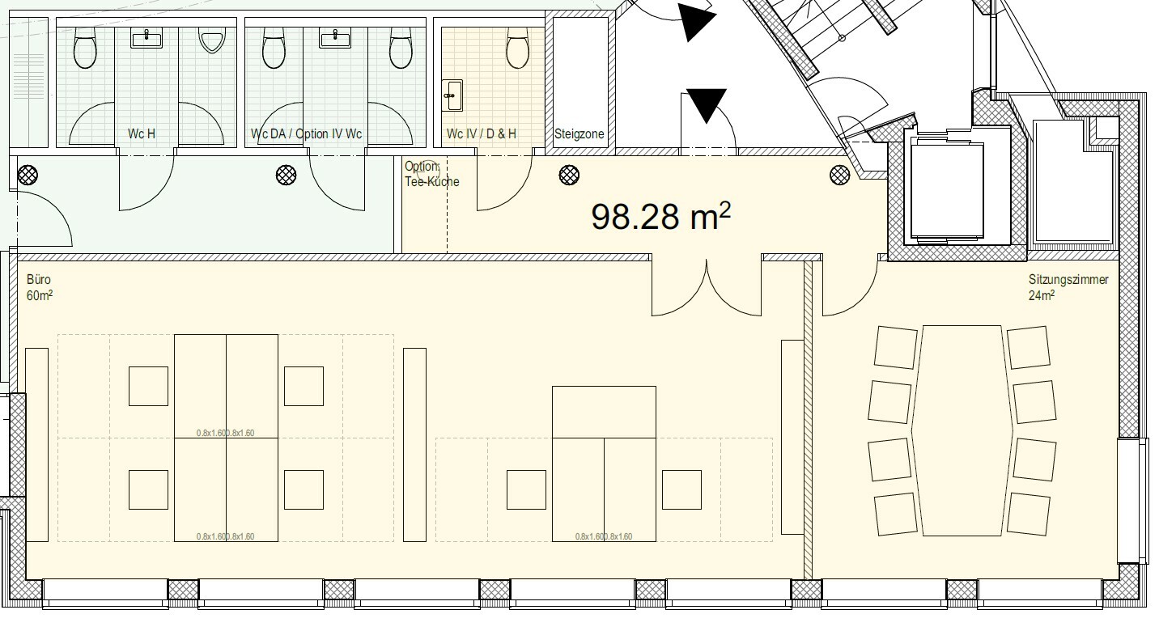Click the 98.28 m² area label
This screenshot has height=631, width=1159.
tap(661, 216)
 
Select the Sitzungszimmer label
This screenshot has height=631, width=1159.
tap(1068, 281)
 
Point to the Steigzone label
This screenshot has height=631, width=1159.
tap(579, 134)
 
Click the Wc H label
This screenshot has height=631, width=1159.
tap(142, 133)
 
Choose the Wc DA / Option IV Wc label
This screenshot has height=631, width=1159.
tap(306, 133)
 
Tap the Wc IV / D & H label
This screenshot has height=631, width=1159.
tap(481, 133)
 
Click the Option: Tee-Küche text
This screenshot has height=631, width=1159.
tap(431, 174)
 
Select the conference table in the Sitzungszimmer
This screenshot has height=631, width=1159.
tap(963, 430)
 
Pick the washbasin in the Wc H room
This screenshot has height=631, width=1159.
tap(146, 38)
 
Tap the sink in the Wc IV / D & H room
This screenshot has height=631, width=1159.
tap(452, 95)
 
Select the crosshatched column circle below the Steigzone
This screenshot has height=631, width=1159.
tap(569, 174)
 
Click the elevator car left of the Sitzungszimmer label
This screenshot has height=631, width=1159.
tap(947, 192)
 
